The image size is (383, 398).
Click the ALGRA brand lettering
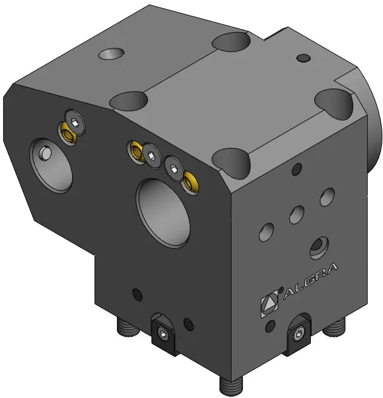click(x=310, y=281)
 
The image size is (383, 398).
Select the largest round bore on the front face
click(x=163, y=213)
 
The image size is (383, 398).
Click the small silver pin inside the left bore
click(x=45, y=153)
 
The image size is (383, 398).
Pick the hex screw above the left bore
click(x=75, y=123)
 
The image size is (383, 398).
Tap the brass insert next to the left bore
click(x=67, y=133)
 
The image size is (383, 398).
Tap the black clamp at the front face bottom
click(x=163, y=334)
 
